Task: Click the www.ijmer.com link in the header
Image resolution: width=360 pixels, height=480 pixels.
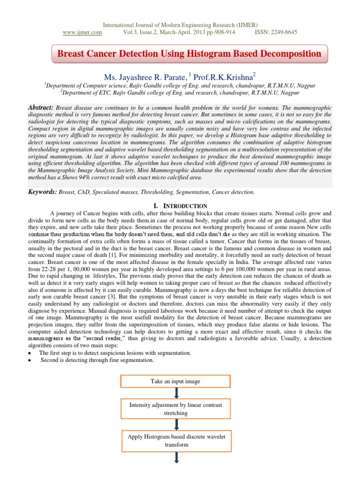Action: [x=82, y=32]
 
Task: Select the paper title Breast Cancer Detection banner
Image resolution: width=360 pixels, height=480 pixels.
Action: [x=189, y=54]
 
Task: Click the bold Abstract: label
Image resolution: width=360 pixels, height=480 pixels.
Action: [x=41, y=107]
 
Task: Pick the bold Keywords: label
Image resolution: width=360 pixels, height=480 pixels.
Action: [x=43, y=192]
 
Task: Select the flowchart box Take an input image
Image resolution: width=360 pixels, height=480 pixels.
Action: [x=175, y=382]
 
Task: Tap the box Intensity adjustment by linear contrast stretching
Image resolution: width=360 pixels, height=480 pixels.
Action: [x=175, y=409]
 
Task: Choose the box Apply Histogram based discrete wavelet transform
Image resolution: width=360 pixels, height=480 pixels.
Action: [x=177, y=440]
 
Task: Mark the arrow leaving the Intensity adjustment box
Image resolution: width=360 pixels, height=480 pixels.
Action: [x=175, y=424]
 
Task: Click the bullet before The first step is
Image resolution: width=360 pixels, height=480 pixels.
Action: [x=30, y=352]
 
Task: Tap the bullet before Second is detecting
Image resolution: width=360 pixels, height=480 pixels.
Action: [x=30, y=360]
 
